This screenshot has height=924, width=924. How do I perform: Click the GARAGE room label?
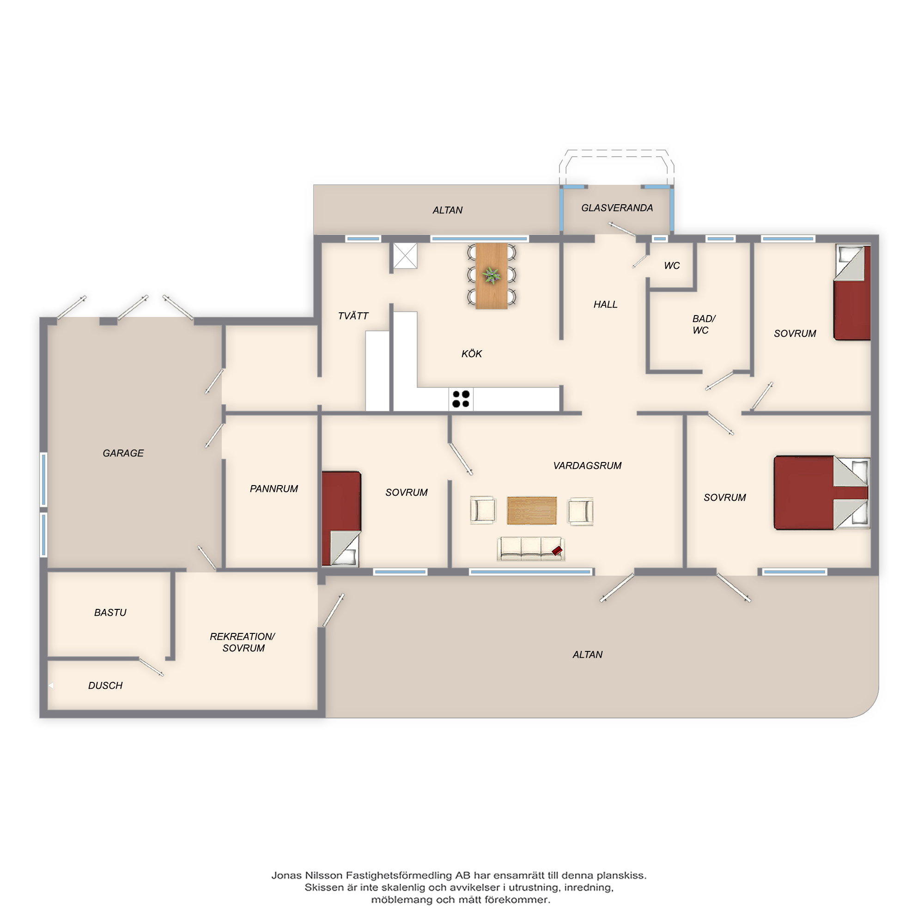pos(123,453)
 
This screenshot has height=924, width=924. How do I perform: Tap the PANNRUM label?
pos(274,489)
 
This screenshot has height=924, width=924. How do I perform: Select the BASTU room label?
pos(110,613)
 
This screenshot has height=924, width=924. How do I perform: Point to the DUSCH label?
pos(105,686)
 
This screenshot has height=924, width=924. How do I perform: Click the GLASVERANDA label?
pos(617,208)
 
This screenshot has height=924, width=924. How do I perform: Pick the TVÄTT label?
pos(353,316)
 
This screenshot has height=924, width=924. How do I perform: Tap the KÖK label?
pos(472,353)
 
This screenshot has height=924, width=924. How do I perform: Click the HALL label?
pos(605,304)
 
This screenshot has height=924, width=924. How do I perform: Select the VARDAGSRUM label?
pos(587,466)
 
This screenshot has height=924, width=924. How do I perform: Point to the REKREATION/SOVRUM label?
pos(243,642)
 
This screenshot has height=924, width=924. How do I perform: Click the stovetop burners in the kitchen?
pos(461,399)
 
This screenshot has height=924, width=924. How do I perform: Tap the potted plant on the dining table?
pos(491,275)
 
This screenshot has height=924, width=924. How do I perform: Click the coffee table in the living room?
pos(531,511)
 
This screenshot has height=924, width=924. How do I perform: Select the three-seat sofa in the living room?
pos(531,548)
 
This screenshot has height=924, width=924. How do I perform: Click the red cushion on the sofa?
pos(557,551)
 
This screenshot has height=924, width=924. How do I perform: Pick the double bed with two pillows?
pos(821,492)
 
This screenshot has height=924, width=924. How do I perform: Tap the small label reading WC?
pos(671,266)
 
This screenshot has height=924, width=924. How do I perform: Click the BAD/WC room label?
pos(703,324)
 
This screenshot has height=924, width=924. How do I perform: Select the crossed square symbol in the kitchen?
pos(405,255)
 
